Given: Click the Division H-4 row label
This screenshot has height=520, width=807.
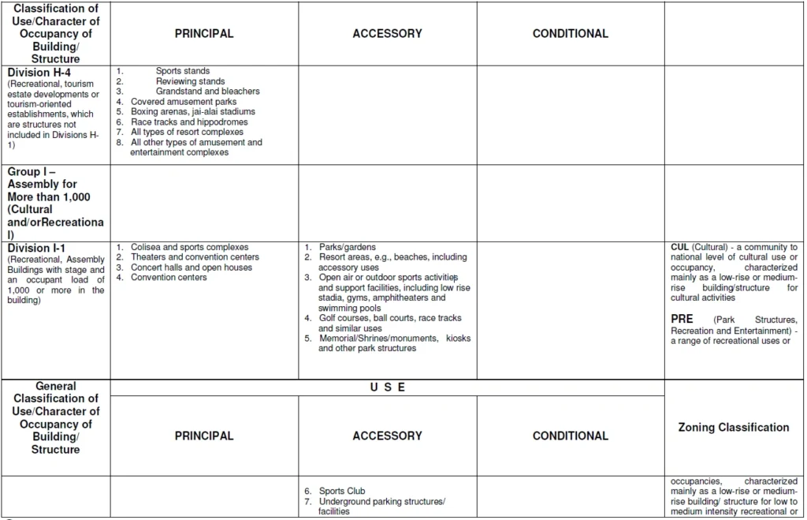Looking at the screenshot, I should (39, 72).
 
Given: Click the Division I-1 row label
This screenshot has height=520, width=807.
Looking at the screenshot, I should (37, 248).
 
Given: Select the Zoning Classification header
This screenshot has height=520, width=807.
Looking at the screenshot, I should (733, 428).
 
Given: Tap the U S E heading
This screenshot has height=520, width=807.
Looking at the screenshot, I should (387, 387).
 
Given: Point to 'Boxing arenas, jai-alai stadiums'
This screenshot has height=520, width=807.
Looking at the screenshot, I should (193, 112).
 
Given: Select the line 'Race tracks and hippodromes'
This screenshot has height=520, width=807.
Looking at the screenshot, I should (189, 122).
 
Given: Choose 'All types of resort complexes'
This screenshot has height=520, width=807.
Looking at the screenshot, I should (187, 133).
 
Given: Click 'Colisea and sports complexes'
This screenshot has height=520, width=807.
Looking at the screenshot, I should (189, 247).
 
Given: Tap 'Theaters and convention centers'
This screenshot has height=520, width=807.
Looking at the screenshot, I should (195, 257).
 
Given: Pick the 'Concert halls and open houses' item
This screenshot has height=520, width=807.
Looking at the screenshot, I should (192, 267).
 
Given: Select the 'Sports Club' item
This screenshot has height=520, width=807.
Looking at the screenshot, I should (342, 491).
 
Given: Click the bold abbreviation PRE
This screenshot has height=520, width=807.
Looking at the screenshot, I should (682, 319).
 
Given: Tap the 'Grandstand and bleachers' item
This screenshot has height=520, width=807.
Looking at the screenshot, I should (207, 92).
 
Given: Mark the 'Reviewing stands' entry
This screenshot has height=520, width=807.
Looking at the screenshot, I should (190, 81).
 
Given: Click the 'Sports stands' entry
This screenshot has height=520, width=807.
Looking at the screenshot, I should (183, 71).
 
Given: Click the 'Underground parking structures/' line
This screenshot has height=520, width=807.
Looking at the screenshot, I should (382, 502).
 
